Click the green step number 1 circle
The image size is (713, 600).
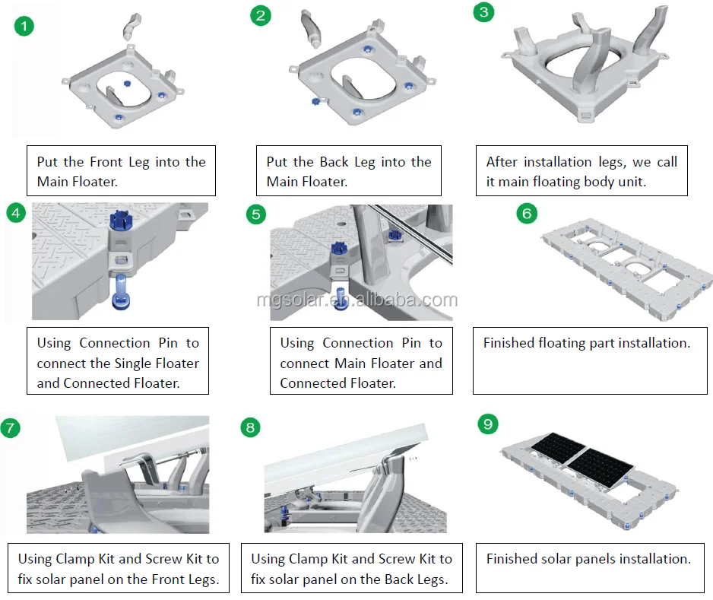tap(25, 27)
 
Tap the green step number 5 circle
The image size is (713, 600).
tap(257, 214)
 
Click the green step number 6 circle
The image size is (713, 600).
tap(527, 214)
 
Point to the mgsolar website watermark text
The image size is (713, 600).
tap(356, 300)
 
